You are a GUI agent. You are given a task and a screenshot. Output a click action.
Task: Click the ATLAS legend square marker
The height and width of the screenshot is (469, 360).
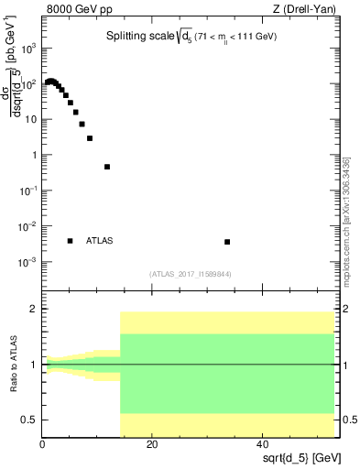pos(70,241)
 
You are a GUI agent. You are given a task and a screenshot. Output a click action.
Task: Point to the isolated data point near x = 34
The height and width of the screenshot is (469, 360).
pos(227,242)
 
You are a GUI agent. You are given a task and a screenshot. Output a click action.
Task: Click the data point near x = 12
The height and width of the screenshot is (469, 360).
pos(107,167)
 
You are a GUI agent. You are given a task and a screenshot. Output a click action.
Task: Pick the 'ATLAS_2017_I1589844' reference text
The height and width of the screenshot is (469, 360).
pos(189,273)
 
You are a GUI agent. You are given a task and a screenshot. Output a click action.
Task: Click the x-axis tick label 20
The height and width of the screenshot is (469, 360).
pos(152,444)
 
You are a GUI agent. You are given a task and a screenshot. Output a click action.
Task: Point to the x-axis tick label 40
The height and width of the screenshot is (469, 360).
pos(263,444)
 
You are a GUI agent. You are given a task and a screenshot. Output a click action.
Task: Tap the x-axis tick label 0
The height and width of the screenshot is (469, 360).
pos(42,444)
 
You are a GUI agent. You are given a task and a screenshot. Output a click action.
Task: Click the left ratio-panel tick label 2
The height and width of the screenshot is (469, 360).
pos(32,310)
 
